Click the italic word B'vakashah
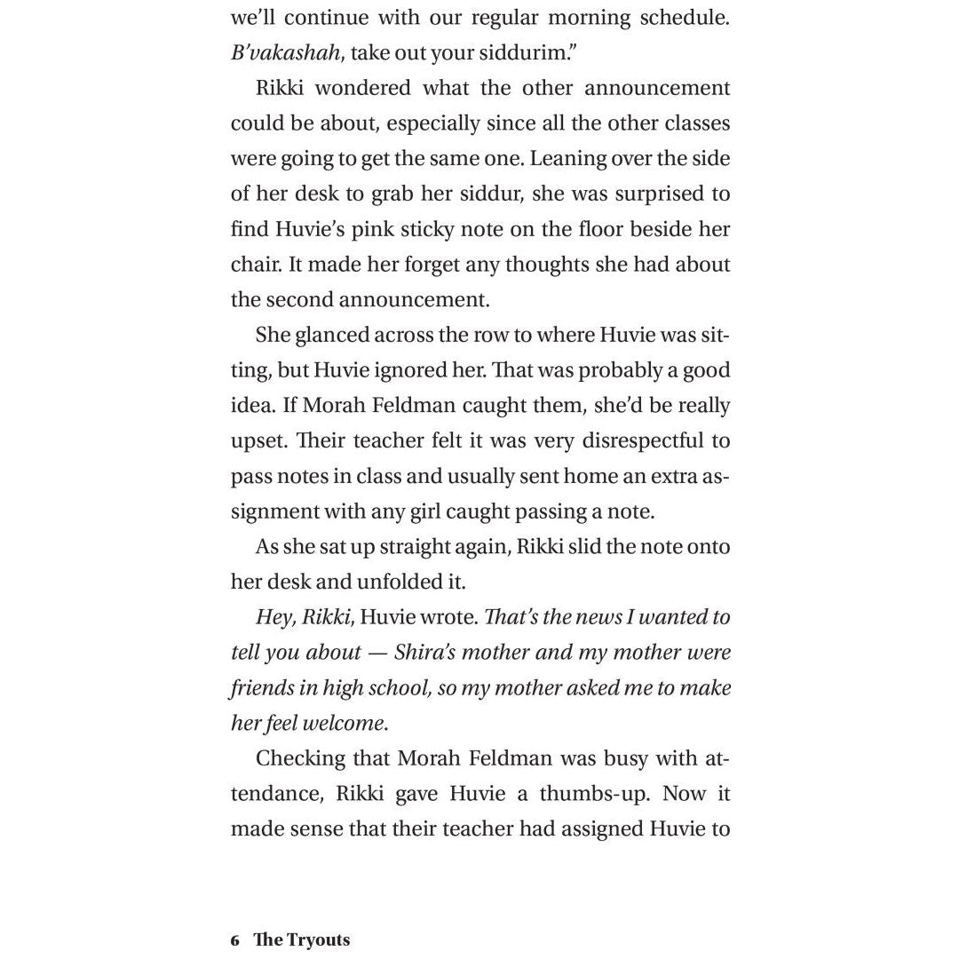285,52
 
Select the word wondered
363,88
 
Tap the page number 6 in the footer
235,940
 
